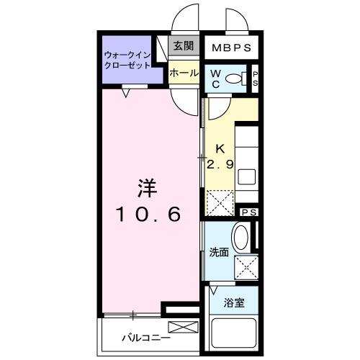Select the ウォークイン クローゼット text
[127, 59]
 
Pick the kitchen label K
[217, 150]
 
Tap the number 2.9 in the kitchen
[220, 165]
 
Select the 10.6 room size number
[148, 214]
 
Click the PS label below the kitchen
[249, 212]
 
